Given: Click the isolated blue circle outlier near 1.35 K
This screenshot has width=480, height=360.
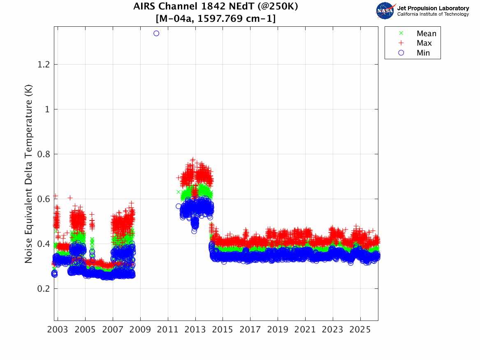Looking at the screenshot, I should pos(156,33).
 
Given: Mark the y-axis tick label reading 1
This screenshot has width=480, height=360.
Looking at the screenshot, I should pos(46,109).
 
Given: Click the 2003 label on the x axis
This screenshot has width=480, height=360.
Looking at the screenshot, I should pos(58,330).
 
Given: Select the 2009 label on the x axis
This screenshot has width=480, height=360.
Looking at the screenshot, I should pos(140,330).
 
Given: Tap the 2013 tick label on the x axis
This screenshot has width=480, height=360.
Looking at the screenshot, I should pos(195,330).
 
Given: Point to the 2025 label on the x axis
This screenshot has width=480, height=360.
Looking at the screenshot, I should pos(360,330).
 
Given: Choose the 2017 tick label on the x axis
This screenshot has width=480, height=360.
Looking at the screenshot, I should pos(250,330).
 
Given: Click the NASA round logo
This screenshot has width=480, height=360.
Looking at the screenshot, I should pos(385,11).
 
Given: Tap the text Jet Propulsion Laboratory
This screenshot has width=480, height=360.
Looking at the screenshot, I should pos(433,8).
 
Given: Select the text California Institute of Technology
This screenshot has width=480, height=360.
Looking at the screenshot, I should pos(433,14).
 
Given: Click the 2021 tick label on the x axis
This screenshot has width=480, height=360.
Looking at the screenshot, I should pos(305,330).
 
